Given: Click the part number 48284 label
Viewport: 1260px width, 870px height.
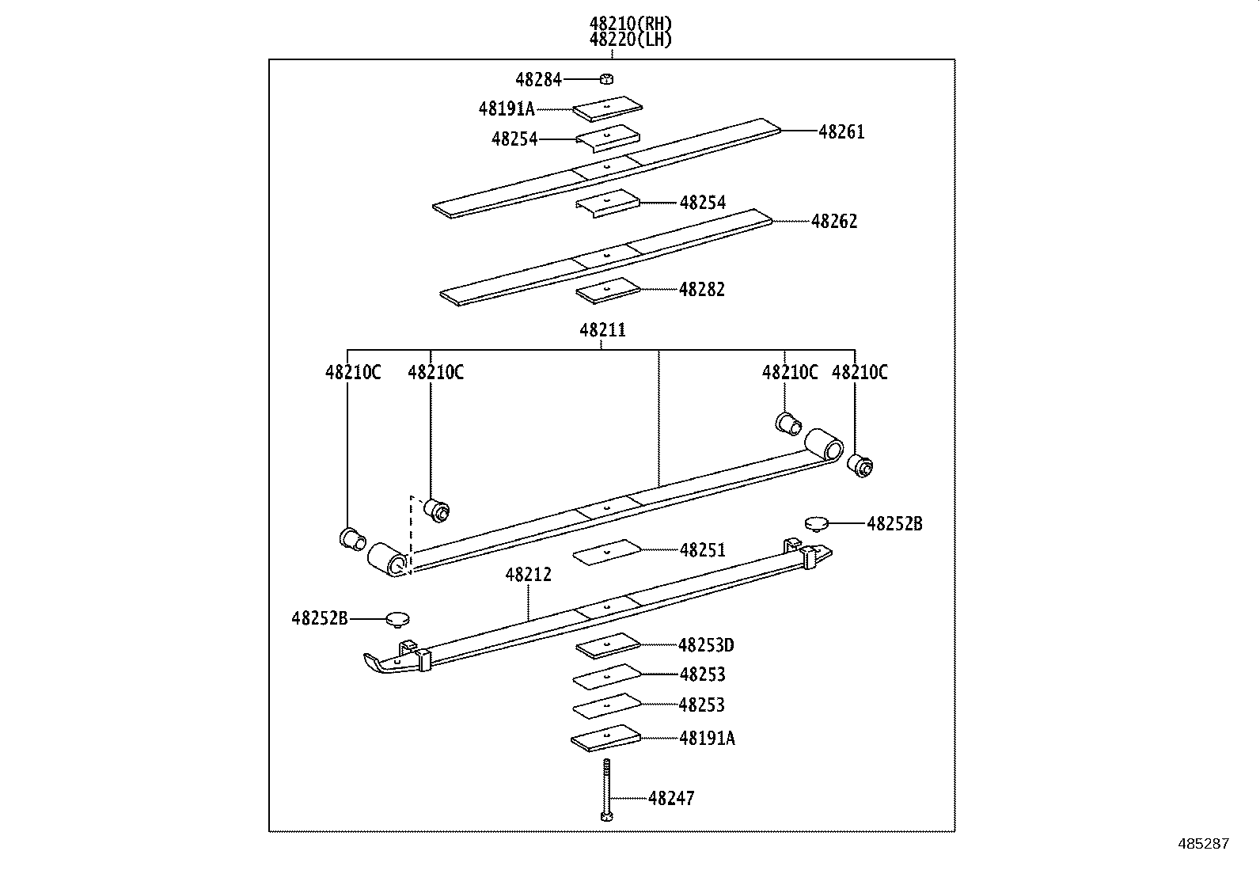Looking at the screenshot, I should pos(538,79).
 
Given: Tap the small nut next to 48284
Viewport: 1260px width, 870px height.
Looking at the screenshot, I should pos(607,78).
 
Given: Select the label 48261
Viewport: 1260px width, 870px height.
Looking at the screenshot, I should pos(841,132).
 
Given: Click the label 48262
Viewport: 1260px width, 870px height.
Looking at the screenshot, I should pos(834,222).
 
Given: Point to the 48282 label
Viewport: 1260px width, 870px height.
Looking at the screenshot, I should pos(701,290).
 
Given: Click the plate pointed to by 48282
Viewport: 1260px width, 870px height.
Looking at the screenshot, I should pos(607,291).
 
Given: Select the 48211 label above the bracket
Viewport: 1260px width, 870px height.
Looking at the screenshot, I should pos(602,330).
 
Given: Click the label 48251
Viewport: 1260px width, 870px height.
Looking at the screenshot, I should pos(702,550).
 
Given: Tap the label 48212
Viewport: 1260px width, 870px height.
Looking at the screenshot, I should pos(529,575).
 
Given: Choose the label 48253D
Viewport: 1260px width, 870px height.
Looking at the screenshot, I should pos(706,646).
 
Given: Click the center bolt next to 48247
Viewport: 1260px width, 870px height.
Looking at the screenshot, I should pos(606,792).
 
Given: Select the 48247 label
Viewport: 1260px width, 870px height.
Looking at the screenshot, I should pos(671,799).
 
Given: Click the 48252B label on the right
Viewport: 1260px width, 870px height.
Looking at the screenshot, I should pos(894,524).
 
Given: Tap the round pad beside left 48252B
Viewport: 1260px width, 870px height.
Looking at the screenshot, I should pos(398,618).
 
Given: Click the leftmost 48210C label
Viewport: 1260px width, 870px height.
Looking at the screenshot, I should pos(353,373).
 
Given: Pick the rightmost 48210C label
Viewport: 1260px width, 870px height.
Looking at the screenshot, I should pos(860,373).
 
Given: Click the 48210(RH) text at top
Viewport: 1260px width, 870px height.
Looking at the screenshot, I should pos(630,25).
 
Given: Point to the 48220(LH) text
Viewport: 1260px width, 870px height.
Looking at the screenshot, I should pos(630,40).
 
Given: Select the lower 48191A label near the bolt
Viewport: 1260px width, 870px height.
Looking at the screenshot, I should pos(707,739).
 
